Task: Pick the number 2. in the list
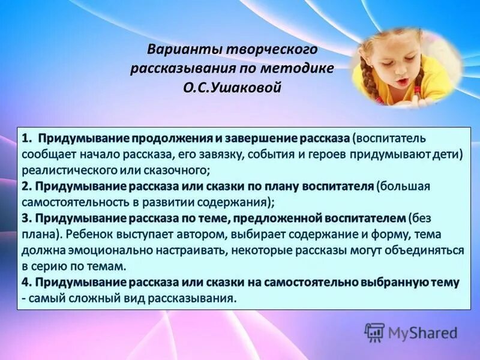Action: [28, 186]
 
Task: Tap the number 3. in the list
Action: [28, 217]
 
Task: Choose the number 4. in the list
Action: [28, 281]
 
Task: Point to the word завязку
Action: [203, 155]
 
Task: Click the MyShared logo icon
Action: [374, 332]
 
